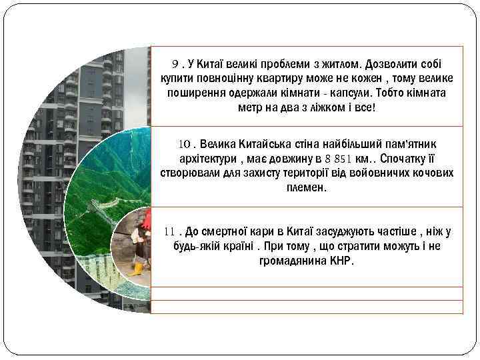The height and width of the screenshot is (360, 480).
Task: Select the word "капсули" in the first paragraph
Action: [x=345, y=93]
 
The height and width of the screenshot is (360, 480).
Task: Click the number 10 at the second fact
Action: [x=183, y=144]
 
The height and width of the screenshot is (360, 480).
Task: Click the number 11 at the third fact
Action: [x=169, y=231]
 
